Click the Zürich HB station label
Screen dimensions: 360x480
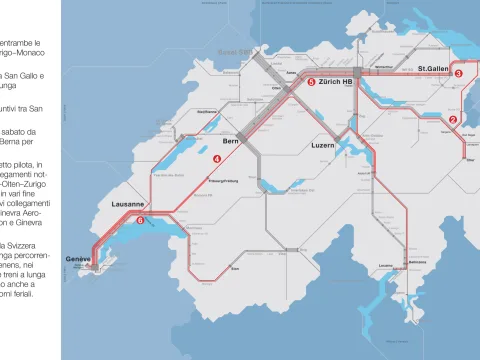pos(339,82)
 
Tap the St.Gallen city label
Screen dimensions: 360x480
pos(436,69)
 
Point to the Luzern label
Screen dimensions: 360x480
pos(322,146)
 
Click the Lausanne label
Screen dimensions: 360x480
pos(128,204)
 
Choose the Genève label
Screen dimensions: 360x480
pos(78,259)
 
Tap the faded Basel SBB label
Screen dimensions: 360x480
pos(234,51)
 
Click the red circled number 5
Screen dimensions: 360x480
pos(311,82)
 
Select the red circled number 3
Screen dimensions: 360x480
pos(458,73)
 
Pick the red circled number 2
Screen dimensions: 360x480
pos(452,120)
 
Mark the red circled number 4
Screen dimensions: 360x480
pos(217,159)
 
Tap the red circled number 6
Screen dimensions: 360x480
pos(140,221)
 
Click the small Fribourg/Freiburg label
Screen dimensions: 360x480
pos(221,181)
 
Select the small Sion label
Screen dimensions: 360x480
pos(236,267)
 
